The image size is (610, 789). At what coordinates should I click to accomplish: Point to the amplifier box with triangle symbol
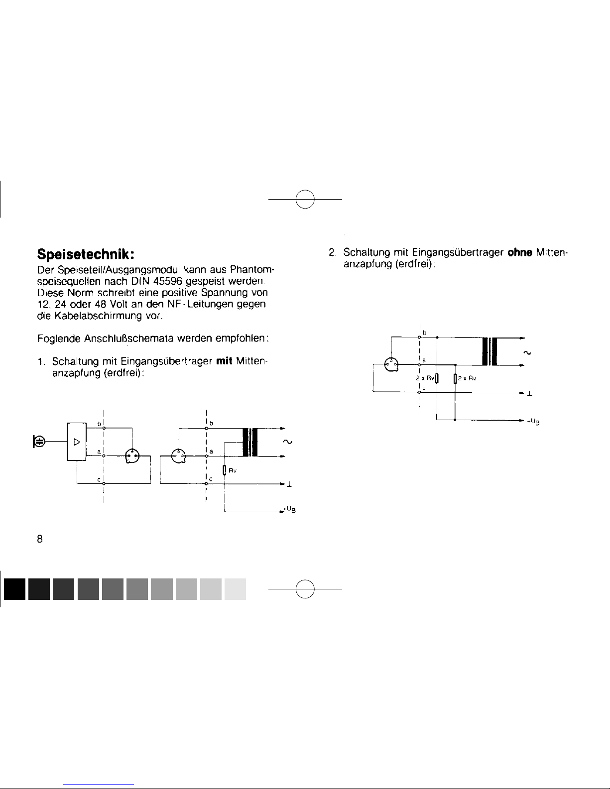coord(77,442)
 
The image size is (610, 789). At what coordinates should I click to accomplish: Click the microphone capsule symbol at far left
coord(39,441)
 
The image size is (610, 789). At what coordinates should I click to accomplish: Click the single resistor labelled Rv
coord(225,470)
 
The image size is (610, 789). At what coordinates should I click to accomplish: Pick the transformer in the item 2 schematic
coord(490,351)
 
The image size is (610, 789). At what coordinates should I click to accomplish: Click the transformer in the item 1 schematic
coord(249,442)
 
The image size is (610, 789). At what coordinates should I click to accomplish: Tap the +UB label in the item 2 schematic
coord(533,422)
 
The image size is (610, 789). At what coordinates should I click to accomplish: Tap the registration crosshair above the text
coord(305,199)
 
